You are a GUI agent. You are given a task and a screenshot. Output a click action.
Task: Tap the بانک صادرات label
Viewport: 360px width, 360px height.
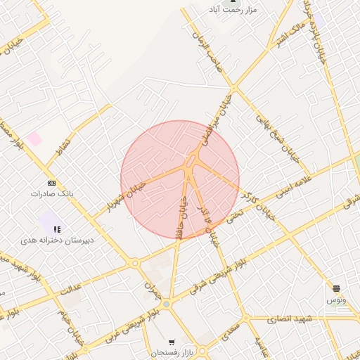click(52, 193)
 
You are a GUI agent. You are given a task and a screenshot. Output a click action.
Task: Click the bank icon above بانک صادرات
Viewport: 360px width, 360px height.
click(52, 182)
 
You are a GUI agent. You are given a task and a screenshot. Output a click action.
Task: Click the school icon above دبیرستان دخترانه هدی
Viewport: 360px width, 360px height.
click(57, 229)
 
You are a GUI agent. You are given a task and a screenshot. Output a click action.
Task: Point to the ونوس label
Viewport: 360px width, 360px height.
click(335, 300)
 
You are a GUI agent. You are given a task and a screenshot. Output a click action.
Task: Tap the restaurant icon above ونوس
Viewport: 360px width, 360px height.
click(336, 289)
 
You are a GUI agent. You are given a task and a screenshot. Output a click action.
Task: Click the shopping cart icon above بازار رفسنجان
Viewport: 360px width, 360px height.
click(172, 342)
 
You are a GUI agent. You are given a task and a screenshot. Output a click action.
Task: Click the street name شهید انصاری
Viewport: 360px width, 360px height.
click(290, 319)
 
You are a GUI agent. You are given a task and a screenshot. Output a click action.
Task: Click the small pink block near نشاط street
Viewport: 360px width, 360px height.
click(34, 139)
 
